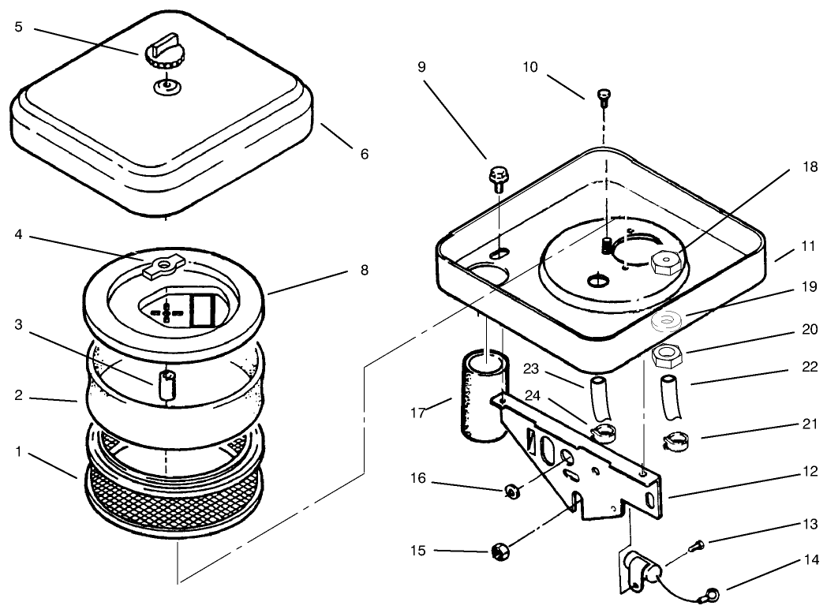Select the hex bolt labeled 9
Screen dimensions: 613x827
(x=497, y=178)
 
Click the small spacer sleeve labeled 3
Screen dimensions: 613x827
(x=166, y=385)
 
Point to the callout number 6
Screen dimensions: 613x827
(x=365, y=155)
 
